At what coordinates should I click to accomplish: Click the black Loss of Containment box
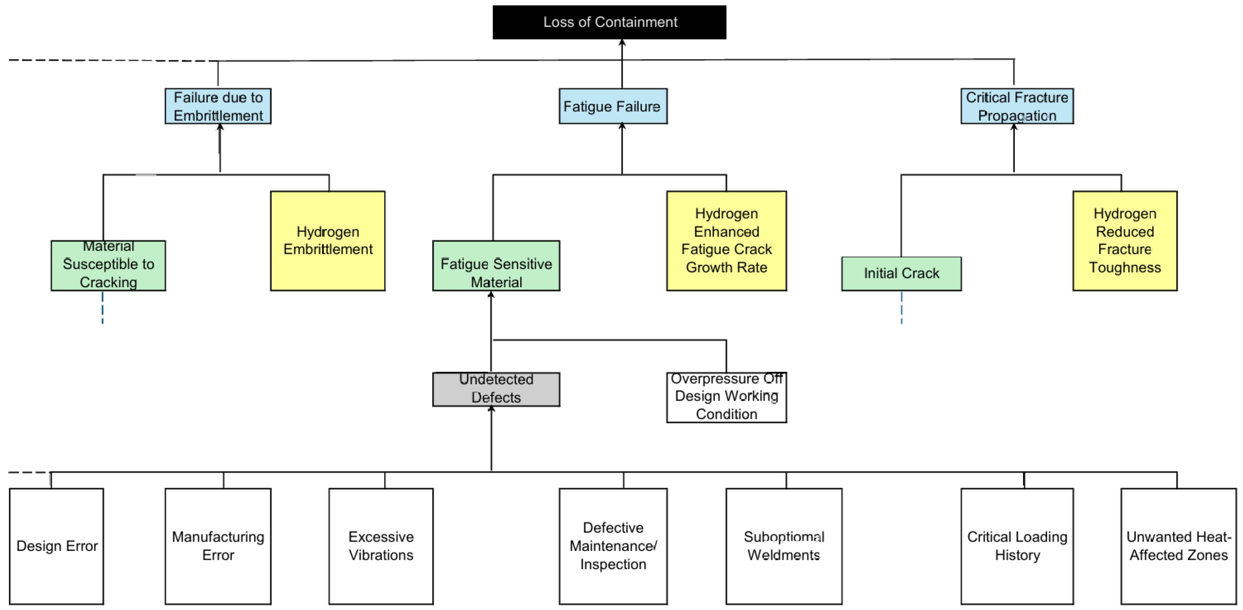[609, 22]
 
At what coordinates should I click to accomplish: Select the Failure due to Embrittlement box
[218, 106]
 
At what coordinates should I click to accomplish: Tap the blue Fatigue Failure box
[613, 106]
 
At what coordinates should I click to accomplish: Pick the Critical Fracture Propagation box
[1017, 106]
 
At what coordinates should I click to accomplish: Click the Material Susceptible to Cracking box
[108, 266]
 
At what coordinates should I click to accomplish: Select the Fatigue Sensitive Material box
[497, 266]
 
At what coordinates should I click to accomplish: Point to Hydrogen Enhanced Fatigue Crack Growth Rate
[727, 241]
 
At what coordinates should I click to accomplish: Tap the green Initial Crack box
[902, 274]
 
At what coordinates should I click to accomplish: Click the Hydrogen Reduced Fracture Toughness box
[1125, 241]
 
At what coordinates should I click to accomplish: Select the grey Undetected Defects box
[497, 389]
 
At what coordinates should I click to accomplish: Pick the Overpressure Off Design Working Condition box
[727, 397]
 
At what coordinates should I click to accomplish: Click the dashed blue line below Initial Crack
[901, 308]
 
